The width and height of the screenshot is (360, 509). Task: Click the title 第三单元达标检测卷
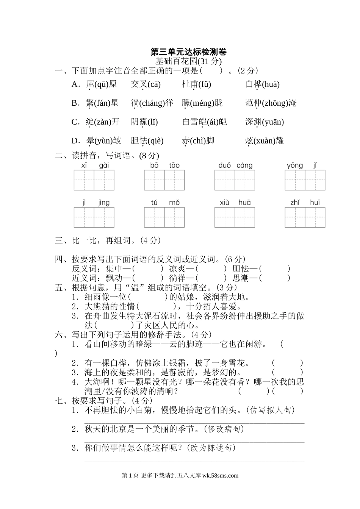[188, 52]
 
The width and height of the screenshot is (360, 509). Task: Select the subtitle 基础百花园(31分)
[188, 61]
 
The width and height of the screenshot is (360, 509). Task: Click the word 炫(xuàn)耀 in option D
[265, 141]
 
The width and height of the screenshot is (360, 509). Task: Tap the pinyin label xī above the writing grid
[84, 166]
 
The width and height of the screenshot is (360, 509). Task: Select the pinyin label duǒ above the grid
[225, 166]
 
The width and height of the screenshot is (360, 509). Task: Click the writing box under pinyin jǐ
[315, 180]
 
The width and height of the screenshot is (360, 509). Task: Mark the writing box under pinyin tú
[154, 217]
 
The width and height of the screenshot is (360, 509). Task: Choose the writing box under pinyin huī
[315, 217]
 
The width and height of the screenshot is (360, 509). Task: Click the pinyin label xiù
[224, 203]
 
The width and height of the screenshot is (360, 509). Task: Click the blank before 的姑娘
[148, 297]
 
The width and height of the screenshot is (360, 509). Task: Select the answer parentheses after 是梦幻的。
[287, 373]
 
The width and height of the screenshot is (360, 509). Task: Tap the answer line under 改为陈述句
[194, 461]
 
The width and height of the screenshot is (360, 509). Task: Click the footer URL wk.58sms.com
[221, 476]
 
